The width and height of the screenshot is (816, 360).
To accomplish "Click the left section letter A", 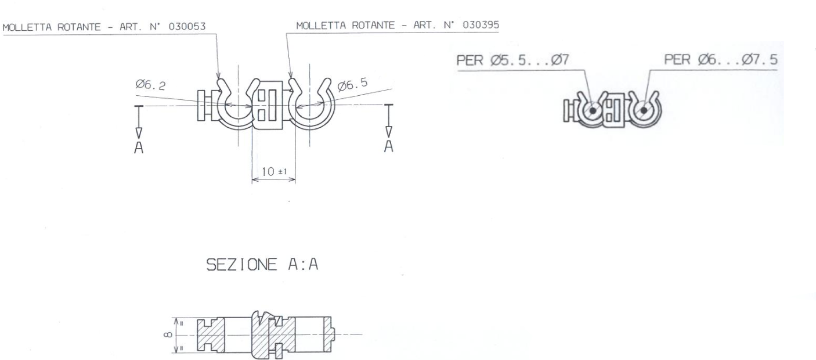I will (138, 148).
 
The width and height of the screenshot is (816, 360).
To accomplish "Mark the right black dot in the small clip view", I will (642, 110).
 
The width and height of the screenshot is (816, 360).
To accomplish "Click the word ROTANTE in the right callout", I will (366, 26).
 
